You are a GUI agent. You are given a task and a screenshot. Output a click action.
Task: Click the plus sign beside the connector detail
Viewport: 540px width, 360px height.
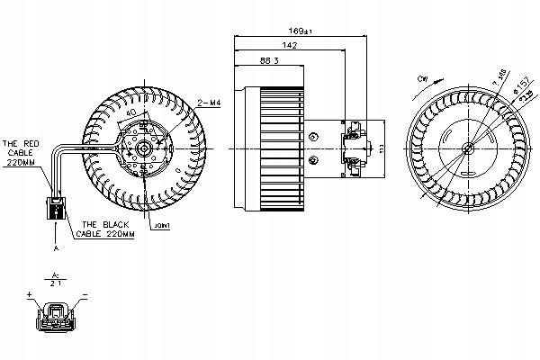click(x=30, y=293)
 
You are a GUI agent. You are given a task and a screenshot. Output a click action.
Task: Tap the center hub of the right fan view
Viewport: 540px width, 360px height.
click(x=466, y=148)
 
